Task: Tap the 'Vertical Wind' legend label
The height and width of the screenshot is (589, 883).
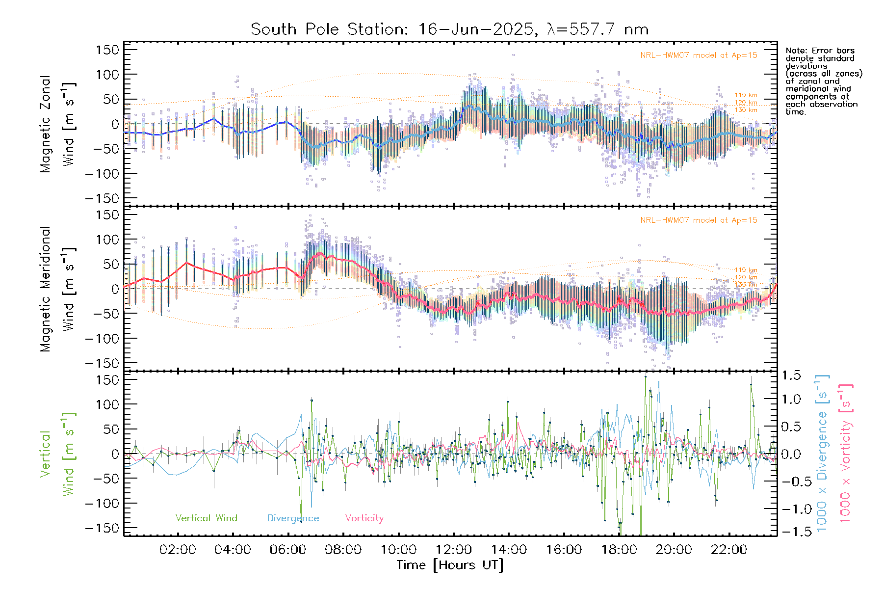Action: [206, 518]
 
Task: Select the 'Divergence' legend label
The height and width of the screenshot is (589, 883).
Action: [293, 518]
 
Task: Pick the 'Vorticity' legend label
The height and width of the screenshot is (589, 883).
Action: [364, 518]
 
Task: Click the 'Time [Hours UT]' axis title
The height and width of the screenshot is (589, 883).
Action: [450, 565]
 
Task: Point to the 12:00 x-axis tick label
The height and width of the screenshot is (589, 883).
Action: [453, 550]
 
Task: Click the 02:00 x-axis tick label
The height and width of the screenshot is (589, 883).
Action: [178, 550]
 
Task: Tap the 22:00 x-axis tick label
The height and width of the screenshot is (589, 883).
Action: [729, 550]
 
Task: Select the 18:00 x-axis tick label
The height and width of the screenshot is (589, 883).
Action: [619, 550]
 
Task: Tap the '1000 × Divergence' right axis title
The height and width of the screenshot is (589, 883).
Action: [822, 454]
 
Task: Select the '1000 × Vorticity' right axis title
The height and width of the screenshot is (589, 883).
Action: [845, 454]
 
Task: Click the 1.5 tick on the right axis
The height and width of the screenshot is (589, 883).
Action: [791, 375]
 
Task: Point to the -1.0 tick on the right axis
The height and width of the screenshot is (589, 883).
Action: [791, 509]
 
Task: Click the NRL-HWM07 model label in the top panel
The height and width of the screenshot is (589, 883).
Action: [699, 55]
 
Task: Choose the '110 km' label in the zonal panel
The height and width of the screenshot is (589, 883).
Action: [746, 95]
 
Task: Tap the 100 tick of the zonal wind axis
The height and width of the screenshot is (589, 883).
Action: [108, 75]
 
